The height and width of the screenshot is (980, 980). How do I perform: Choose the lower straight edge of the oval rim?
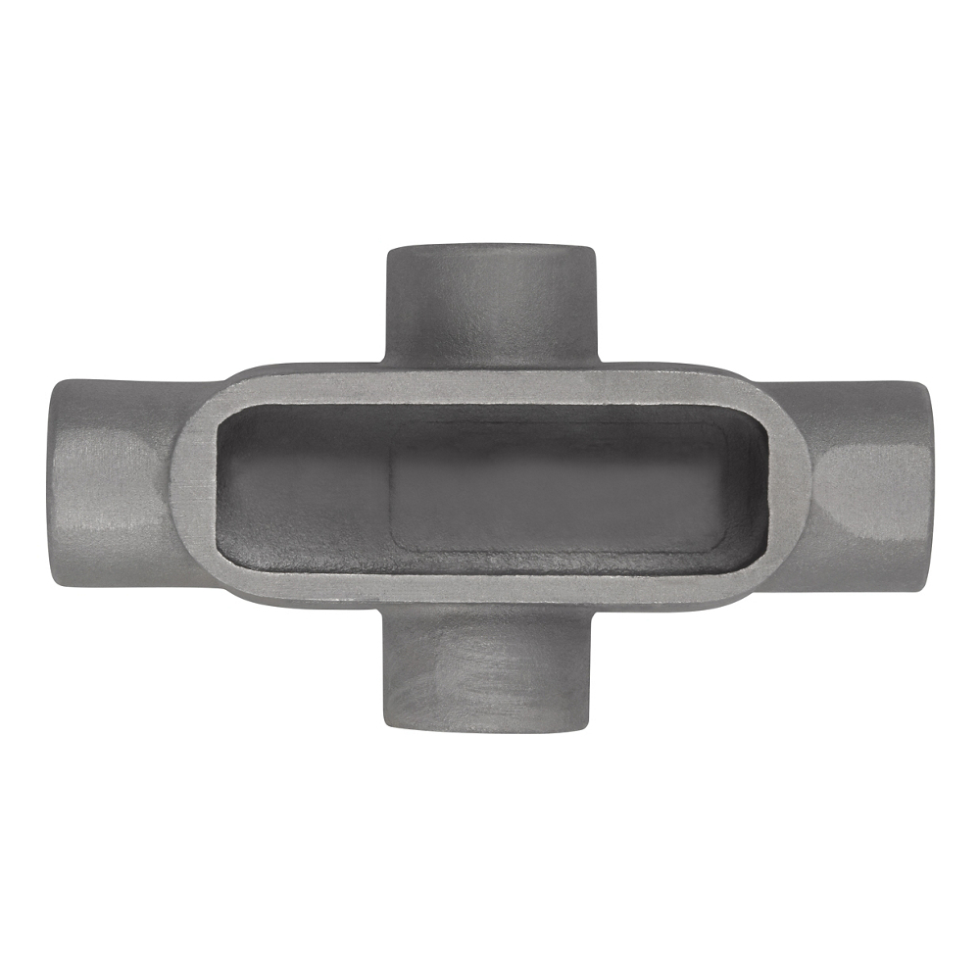[x=490, y=586]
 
